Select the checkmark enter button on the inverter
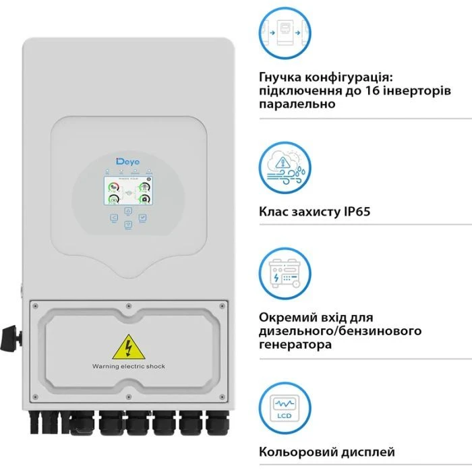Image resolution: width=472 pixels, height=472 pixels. (143, 218)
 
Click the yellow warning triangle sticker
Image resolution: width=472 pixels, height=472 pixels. (127, 348)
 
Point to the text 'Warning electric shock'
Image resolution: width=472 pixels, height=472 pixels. (128, 366)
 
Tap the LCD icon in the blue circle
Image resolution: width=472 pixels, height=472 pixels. (285, 408)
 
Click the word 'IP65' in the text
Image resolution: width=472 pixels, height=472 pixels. (353, 212)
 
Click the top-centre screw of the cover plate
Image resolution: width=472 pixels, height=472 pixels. (128, 305)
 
